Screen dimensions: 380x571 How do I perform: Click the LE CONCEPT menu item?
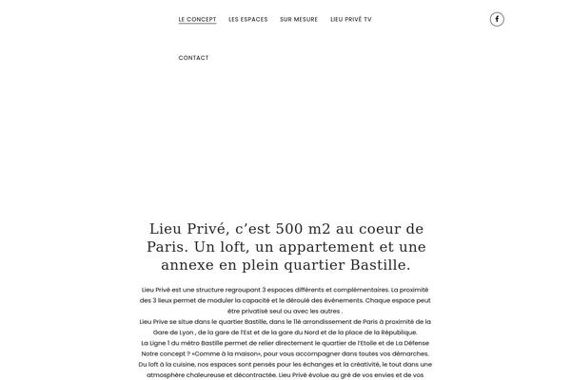(x=197, y=19)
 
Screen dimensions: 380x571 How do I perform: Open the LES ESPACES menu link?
(x=248, y=19)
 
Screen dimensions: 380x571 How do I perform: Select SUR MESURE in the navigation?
(x=298, y=19)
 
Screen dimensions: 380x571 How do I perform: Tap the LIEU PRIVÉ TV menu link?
(x=351, y=19)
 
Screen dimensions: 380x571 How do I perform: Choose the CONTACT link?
(x=193, y=58)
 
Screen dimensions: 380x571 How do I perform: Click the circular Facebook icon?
(x=497, y=19)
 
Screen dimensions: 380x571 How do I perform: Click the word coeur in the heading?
(x=378, y=229)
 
